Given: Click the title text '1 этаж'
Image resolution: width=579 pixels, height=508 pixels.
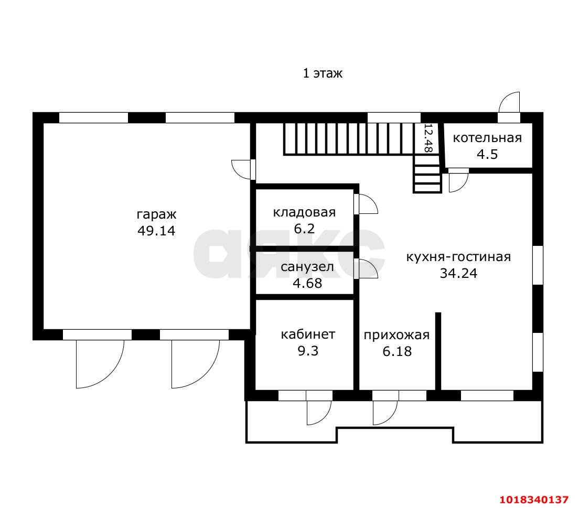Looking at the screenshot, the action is (x=323, y=73).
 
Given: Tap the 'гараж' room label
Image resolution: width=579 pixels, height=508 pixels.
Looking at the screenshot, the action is (x=157, y=214).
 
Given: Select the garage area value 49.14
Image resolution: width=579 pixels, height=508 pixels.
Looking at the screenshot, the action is (x=156, y=231).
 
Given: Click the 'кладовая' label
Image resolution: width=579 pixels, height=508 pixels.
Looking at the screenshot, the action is (x=304, y=212).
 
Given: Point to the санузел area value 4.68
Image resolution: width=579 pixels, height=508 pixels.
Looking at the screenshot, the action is (x=307, y=283).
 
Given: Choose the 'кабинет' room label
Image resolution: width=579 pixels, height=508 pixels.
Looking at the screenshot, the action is (x=308, y=334).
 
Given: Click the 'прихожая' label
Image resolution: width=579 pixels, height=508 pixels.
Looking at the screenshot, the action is (x=396, y=335).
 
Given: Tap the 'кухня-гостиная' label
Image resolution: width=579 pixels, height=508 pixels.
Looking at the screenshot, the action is (x=458, y=256).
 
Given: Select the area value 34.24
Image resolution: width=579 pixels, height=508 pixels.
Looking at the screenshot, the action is (x=458, y=273).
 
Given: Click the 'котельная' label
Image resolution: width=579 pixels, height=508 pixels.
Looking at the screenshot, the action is (x=487, y=138).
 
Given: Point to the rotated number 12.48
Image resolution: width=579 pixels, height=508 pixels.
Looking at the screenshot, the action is (x=428, y=138).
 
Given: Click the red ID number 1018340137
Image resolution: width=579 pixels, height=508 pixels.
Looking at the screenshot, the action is (x=534, y=500).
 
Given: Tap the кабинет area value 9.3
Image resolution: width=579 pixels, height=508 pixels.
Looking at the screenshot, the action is (x=308, y=351).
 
